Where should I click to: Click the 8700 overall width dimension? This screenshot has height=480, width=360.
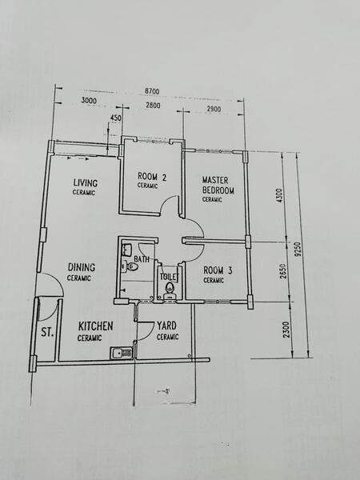(152, 91)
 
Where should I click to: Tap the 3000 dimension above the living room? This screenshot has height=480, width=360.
(89, 101)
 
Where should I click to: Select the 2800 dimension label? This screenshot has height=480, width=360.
(153, 106)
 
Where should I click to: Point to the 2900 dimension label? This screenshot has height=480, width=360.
(214, 109)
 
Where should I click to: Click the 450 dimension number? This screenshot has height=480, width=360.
(115, 118)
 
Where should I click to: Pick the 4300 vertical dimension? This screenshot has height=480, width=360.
(279, 196)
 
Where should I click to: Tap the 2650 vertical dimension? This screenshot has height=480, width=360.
(283, 271)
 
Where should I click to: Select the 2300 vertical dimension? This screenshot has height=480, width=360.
(286, 330)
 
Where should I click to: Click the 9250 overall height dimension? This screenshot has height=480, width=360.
(298, 250)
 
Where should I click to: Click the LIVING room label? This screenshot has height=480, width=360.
(86, 182)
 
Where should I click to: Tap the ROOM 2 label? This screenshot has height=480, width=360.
(152, 177)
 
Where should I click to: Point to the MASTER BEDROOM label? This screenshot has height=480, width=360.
(218, 186)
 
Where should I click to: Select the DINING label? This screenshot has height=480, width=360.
(82, 267)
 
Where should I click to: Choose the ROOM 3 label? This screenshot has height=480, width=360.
(218, 270)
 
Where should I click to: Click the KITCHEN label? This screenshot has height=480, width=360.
(95, 326)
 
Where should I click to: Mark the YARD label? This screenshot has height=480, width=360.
(167, 326)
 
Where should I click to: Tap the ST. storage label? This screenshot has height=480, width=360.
(47, 333)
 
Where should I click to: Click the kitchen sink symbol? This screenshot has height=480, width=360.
(121, 354)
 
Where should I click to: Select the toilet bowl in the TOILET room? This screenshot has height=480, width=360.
(170, 290)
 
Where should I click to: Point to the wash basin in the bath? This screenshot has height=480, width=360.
(126, 250)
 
